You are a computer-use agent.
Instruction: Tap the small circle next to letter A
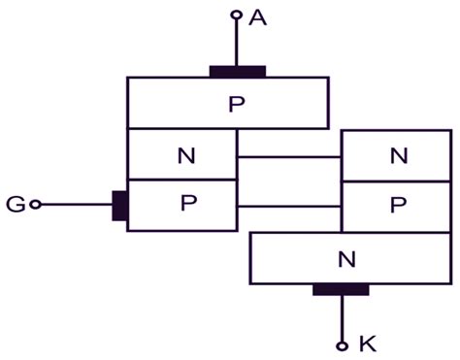click(236, 15)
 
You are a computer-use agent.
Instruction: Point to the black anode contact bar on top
click(238, 71)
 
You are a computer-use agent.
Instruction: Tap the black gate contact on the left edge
click(120, 206)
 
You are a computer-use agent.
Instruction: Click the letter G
click(15, 205)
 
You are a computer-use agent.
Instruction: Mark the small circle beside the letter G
click(36, 205)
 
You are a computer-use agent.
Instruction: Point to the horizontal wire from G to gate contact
click(76, 205)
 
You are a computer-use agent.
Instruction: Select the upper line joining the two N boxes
click(289, 156)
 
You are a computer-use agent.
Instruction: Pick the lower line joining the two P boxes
click(289, 206)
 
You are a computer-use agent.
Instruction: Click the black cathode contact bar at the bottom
click(341, 289)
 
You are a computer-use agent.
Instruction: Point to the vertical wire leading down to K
click(342, 317)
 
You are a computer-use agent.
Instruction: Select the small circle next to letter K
click(342, 344)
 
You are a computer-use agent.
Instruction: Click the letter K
click(366, 344)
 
